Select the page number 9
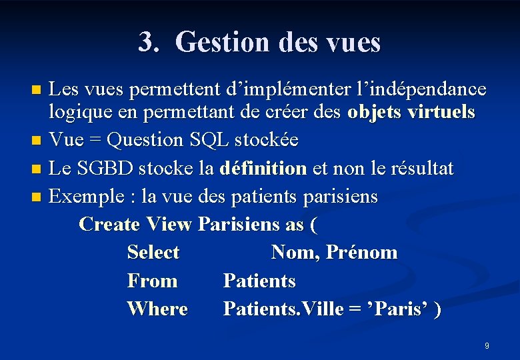click(487, 346)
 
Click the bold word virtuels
click(438, 112)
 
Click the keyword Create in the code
click(109, 224)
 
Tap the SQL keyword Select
click(153, 253)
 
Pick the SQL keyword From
click(152, 281)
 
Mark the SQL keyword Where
click(157, 309)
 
